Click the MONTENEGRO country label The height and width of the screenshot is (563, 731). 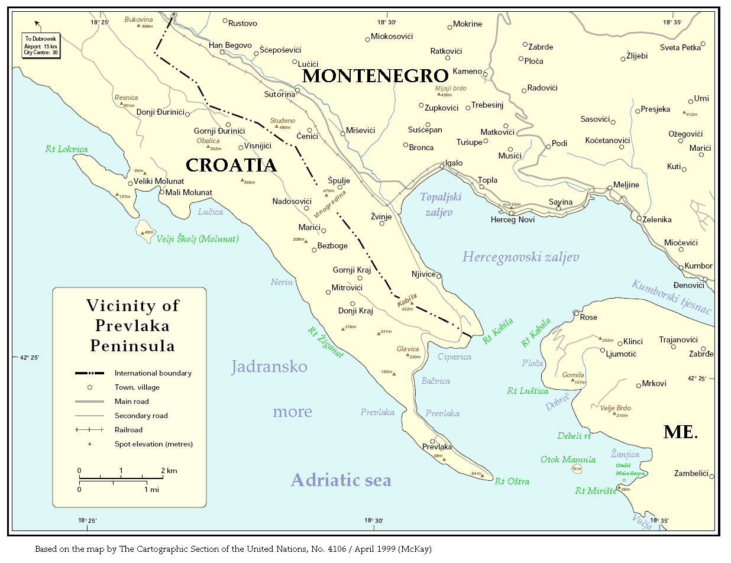375,76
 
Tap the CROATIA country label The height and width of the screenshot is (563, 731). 231,165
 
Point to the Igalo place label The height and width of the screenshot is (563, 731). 454,163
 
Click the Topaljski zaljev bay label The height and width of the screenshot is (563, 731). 440,204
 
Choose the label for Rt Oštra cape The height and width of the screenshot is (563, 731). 512,481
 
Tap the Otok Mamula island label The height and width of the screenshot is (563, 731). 568,460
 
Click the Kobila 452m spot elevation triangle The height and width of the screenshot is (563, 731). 412,304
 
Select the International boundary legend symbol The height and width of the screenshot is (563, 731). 89,373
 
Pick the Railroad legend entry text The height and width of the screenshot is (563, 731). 128,430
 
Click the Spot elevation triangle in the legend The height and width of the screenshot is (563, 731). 90,444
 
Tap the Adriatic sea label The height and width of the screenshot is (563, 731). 341,480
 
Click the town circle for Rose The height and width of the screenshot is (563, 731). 576,314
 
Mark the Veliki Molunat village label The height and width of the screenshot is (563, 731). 159,181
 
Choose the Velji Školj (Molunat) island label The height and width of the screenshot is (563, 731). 197,239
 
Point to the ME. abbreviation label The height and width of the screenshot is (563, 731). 680,432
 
